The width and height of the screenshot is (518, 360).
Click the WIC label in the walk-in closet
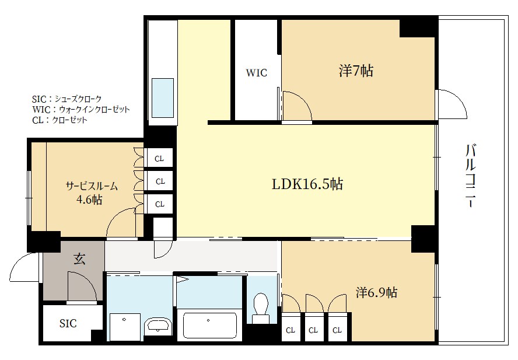256,73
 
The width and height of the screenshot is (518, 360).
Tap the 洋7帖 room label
356,71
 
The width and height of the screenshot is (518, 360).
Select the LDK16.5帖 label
307,184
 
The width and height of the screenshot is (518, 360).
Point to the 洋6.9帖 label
376,292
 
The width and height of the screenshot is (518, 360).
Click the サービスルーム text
92,186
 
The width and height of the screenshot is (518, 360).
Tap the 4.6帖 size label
89,200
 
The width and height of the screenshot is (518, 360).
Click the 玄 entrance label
79,258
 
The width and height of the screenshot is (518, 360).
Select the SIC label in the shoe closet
68,323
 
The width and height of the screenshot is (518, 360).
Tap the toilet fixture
261,308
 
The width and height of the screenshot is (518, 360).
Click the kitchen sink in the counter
163,98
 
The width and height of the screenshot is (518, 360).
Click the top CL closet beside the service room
159,159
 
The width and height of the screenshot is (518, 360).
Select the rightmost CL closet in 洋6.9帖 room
337,330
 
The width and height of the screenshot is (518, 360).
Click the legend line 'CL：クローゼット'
60,120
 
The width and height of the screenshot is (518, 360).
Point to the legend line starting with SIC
66,99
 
